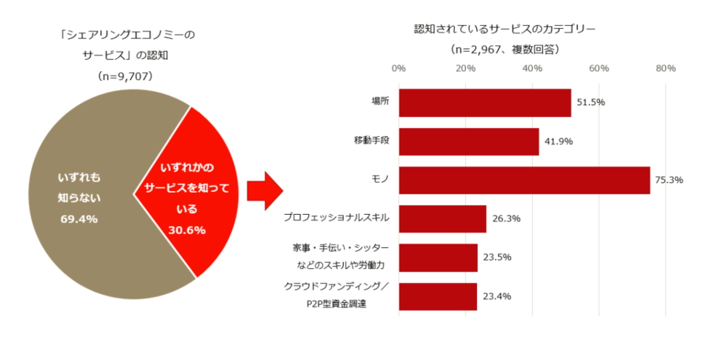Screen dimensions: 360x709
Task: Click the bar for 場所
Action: click(x=485, y=103)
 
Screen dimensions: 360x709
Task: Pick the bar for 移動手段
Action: click(x=468, y=141)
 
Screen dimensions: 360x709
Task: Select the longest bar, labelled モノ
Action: click(x=524, y=180)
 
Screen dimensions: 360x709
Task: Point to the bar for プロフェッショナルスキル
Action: click(x=442, y=219)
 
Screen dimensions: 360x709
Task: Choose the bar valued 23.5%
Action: click(x=438, y=257)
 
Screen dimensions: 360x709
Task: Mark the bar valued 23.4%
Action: click(x=438, y=296)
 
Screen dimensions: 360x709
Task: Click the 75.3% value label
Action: click(x=669, y=179)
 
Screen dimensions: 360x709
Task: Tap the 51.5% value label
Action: click(x=590, y=102)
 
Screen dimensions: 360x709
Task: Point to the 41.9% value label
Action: click(x=558, y=141)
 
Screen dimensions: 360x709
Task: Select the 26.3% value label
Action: click(x=505, y=219)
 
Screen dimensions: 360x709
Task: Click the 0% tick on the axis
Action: click(x=399, y=69)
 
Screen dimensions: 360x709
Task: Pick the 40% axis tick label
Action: click(x=532, y=69)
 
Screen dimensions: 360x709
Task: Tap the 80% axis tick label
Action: click(x=665, y=69)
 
